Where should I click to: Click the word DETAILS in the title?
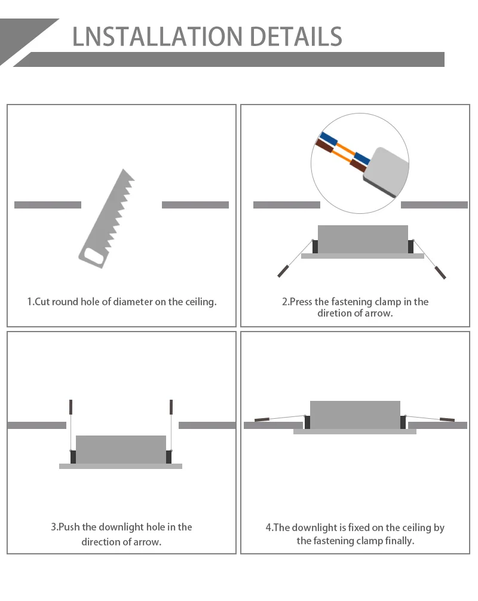[x=296, y=37]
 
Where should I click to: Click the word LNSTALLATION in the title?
[x=157, y=37]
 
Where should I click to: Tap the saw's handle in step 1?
[x=92, y=257]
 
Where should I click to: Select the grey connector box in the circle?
[x=386, y=171]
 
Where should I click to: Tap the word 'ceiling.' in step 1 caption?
[x=201, y=302]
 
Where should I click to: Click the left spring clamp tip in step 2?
[x=283, y=271]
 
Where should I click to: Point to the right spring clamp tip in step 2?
[x=440, y=272]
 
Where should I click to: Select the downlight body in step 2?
[x=363, y=239]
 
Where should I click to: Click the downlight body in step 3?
[x=121, y=450]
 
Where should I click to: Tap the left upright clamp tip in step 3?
[x=71, y=407]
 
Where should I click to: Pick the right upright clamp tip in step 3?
[x=171, y=407]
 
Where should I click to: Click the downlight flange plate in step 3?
[x=121, y=466]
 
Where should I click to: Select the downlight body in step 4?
[x=355, y=415]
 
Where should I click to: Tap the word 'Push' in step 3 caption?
[x=69, y=527]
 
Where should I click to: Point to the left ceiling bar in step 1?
[x=48, y=205]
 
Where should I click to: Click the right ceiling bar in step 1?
[x=195, y=205]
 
